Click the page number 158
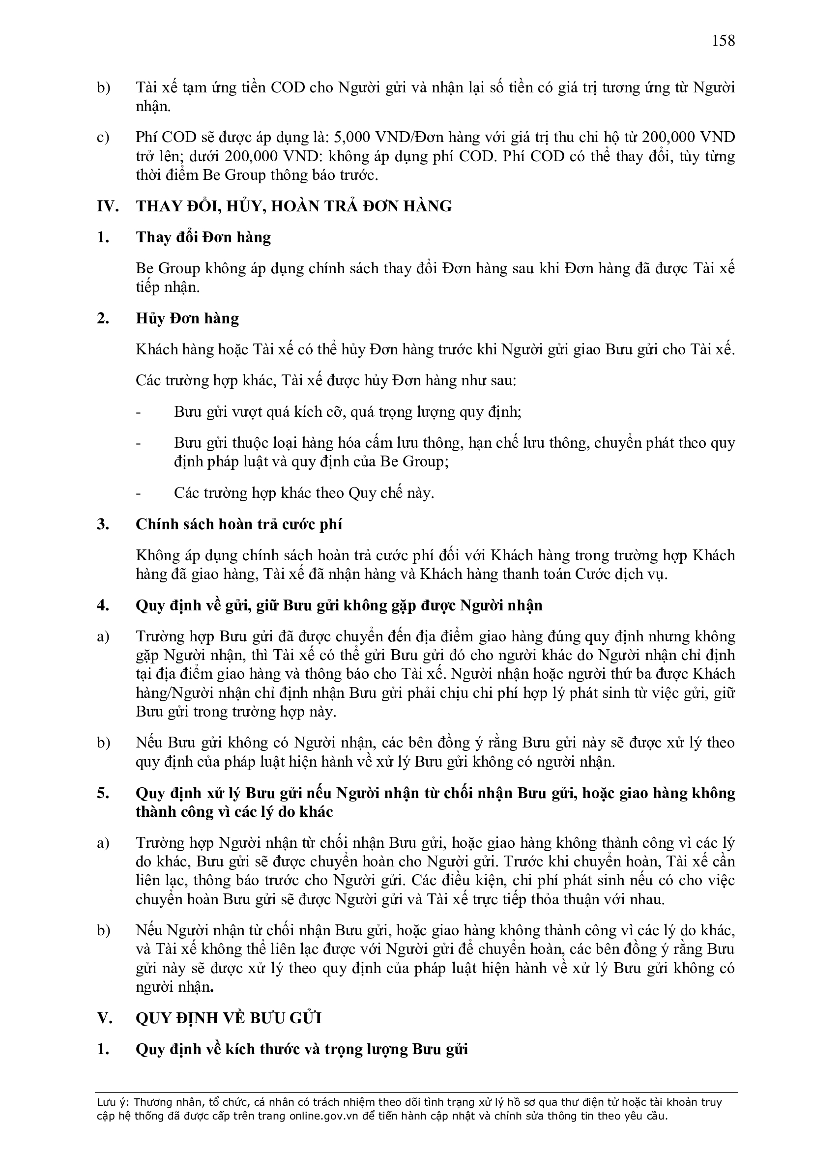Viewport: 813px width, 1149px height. coord(724,40)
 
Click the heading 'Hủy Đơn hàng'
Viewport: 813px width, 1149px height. coord(187,318)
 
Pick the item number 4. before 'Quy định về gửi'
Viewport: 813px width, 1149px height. coord(103,605)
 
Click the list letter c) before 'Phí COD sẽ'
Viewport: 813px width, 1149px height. coord(103,137)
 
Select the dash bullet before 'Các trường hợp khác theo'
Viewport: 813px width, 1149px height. coord(139,493)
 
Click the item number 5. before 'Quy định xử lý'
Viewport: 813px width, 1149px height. coord(103,793)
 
